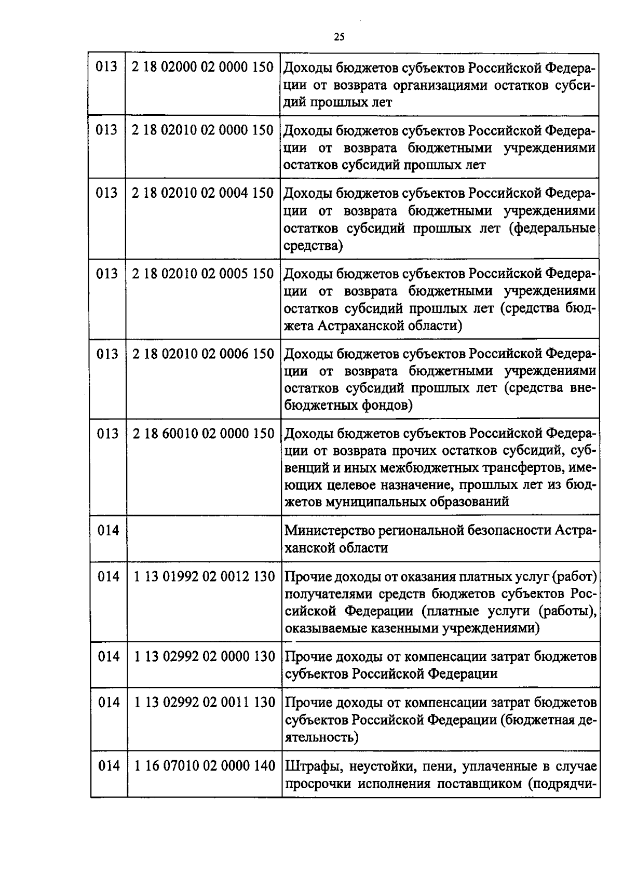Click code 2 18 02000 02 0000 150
(202, 68)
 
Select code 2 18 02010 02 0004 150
(202, 193)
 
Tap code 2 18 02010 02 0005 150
(202, 274)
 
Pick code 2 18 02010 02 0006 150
(202, 354)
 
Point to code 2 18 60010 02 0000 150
(203, 434)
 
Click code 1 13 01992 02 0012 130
(204, 576)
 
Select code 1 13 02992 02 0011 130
(204, 703)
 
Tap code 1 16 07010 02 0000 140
(204, 766)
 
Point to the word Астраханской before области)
(367, 326)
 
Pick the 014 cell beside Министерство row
(109, 531)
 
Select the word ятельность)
(321, 737)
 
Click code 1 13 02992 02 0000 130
(204, 657)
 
